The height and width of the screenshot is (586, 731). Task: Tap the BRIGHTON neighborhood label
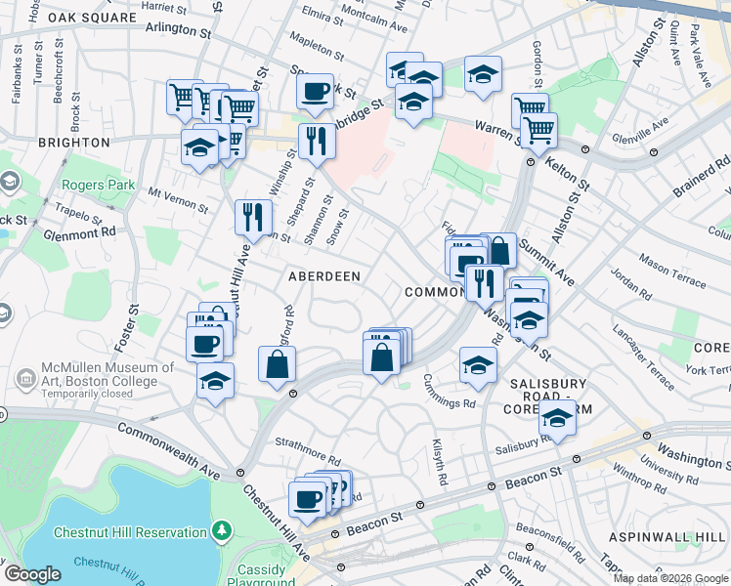pos(73,143)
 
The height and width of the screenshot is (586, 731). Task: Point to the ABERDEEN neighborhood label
pos(324,277)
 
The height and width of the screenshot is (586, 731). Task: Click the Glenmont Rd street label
pos(80,232)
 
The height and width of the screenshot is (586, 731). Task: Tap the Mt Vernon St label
pos(178,201)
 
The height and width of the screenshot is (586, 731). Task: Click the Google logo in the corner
pos(32,574)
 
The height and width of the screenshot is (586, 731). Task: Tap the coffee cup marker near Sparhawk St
pos(315,93)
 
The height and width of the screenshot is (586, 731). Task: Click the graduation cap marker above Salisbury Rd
pos(557,420)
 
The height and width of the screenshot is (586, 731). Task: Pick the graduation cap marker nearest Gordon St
pos(483,74)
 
